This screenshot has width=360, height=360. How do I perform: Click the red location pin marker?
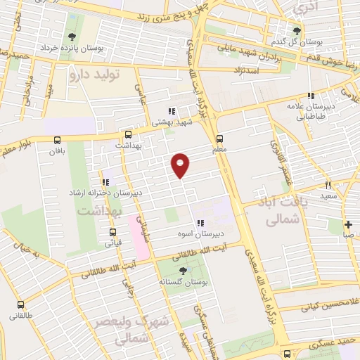click(x=181, y=165)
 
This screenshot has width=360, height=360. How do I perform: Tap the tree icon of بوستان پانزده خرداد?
click(x=72, y=37)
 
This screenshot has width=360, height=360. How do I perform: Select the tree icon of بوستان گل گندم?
click(x=297, y=30)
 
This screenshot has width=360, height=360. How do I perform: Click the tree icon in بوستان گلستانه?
click(x=183, y=270)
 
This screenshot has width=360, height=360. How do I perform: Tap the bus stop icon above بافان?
click(x=56, y=139)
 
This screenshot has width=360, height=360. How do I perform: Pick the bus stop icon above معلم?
click(x=220, y=139)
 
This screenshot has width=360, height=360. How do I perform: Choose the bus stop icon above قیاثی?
click(x=112, y=231)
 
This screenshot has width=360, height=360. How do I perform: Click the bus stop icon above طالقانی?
click(x=20, y=305)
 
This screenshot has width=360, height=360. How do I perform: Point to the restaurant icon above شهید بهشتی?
click(x=172, y=110)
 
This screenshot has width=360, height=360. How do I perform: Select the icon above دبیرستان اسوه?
click(x=200, y=224)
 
